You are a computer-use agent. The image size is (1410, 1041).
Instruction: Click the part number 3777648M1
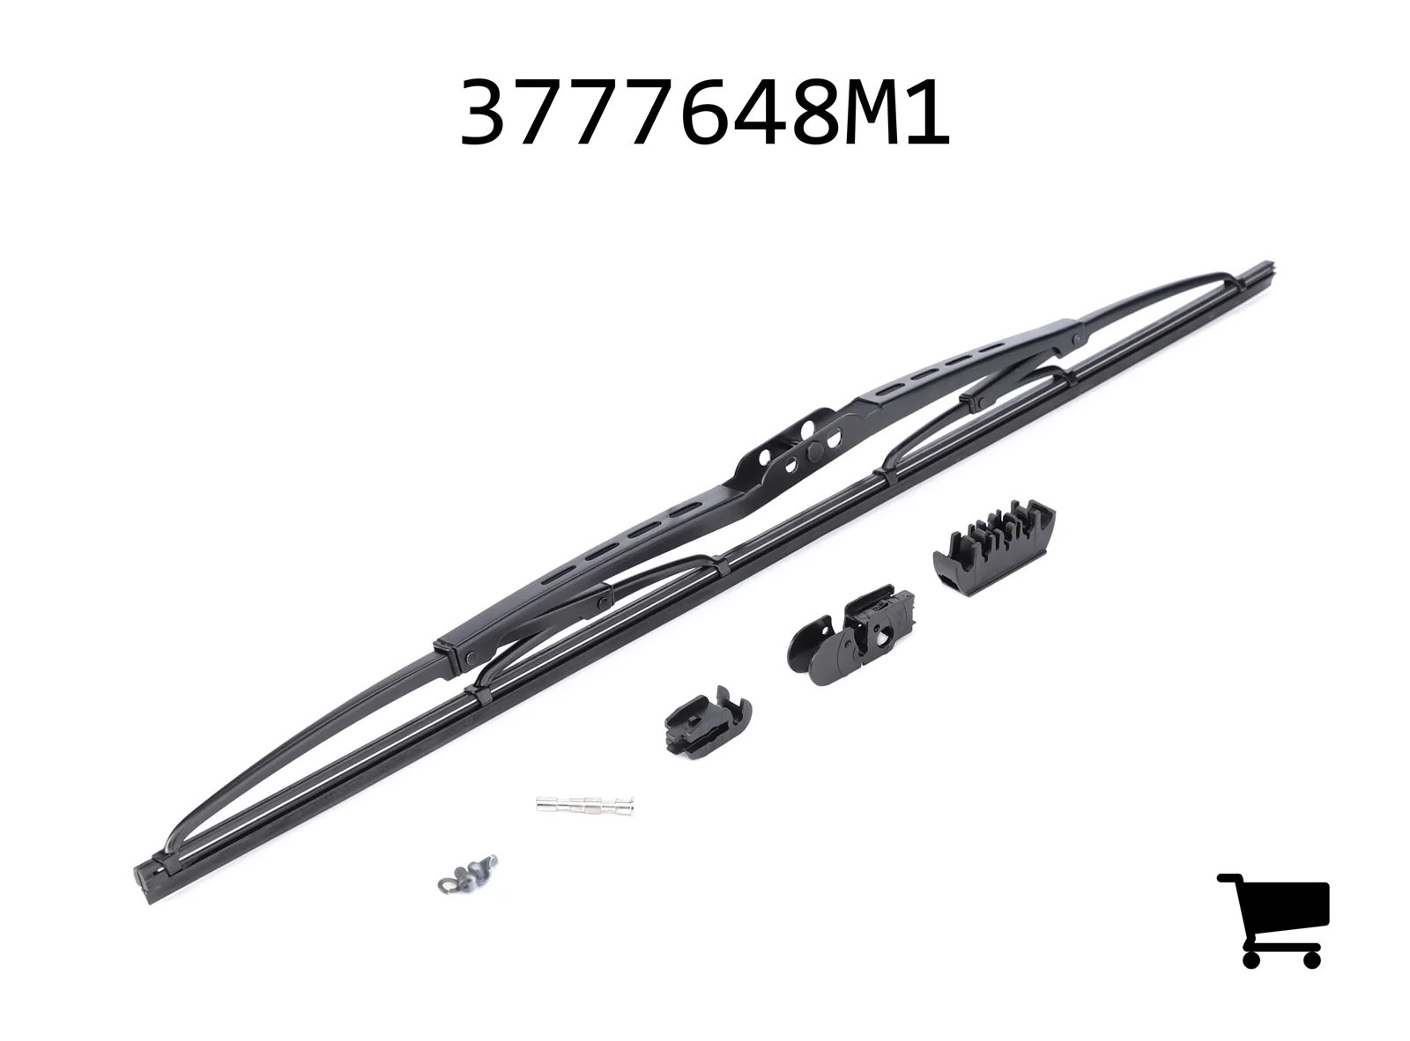tap(704, 113)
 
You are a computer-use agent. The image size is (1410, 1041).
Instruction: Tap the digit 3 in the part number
tap(487, 113)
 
